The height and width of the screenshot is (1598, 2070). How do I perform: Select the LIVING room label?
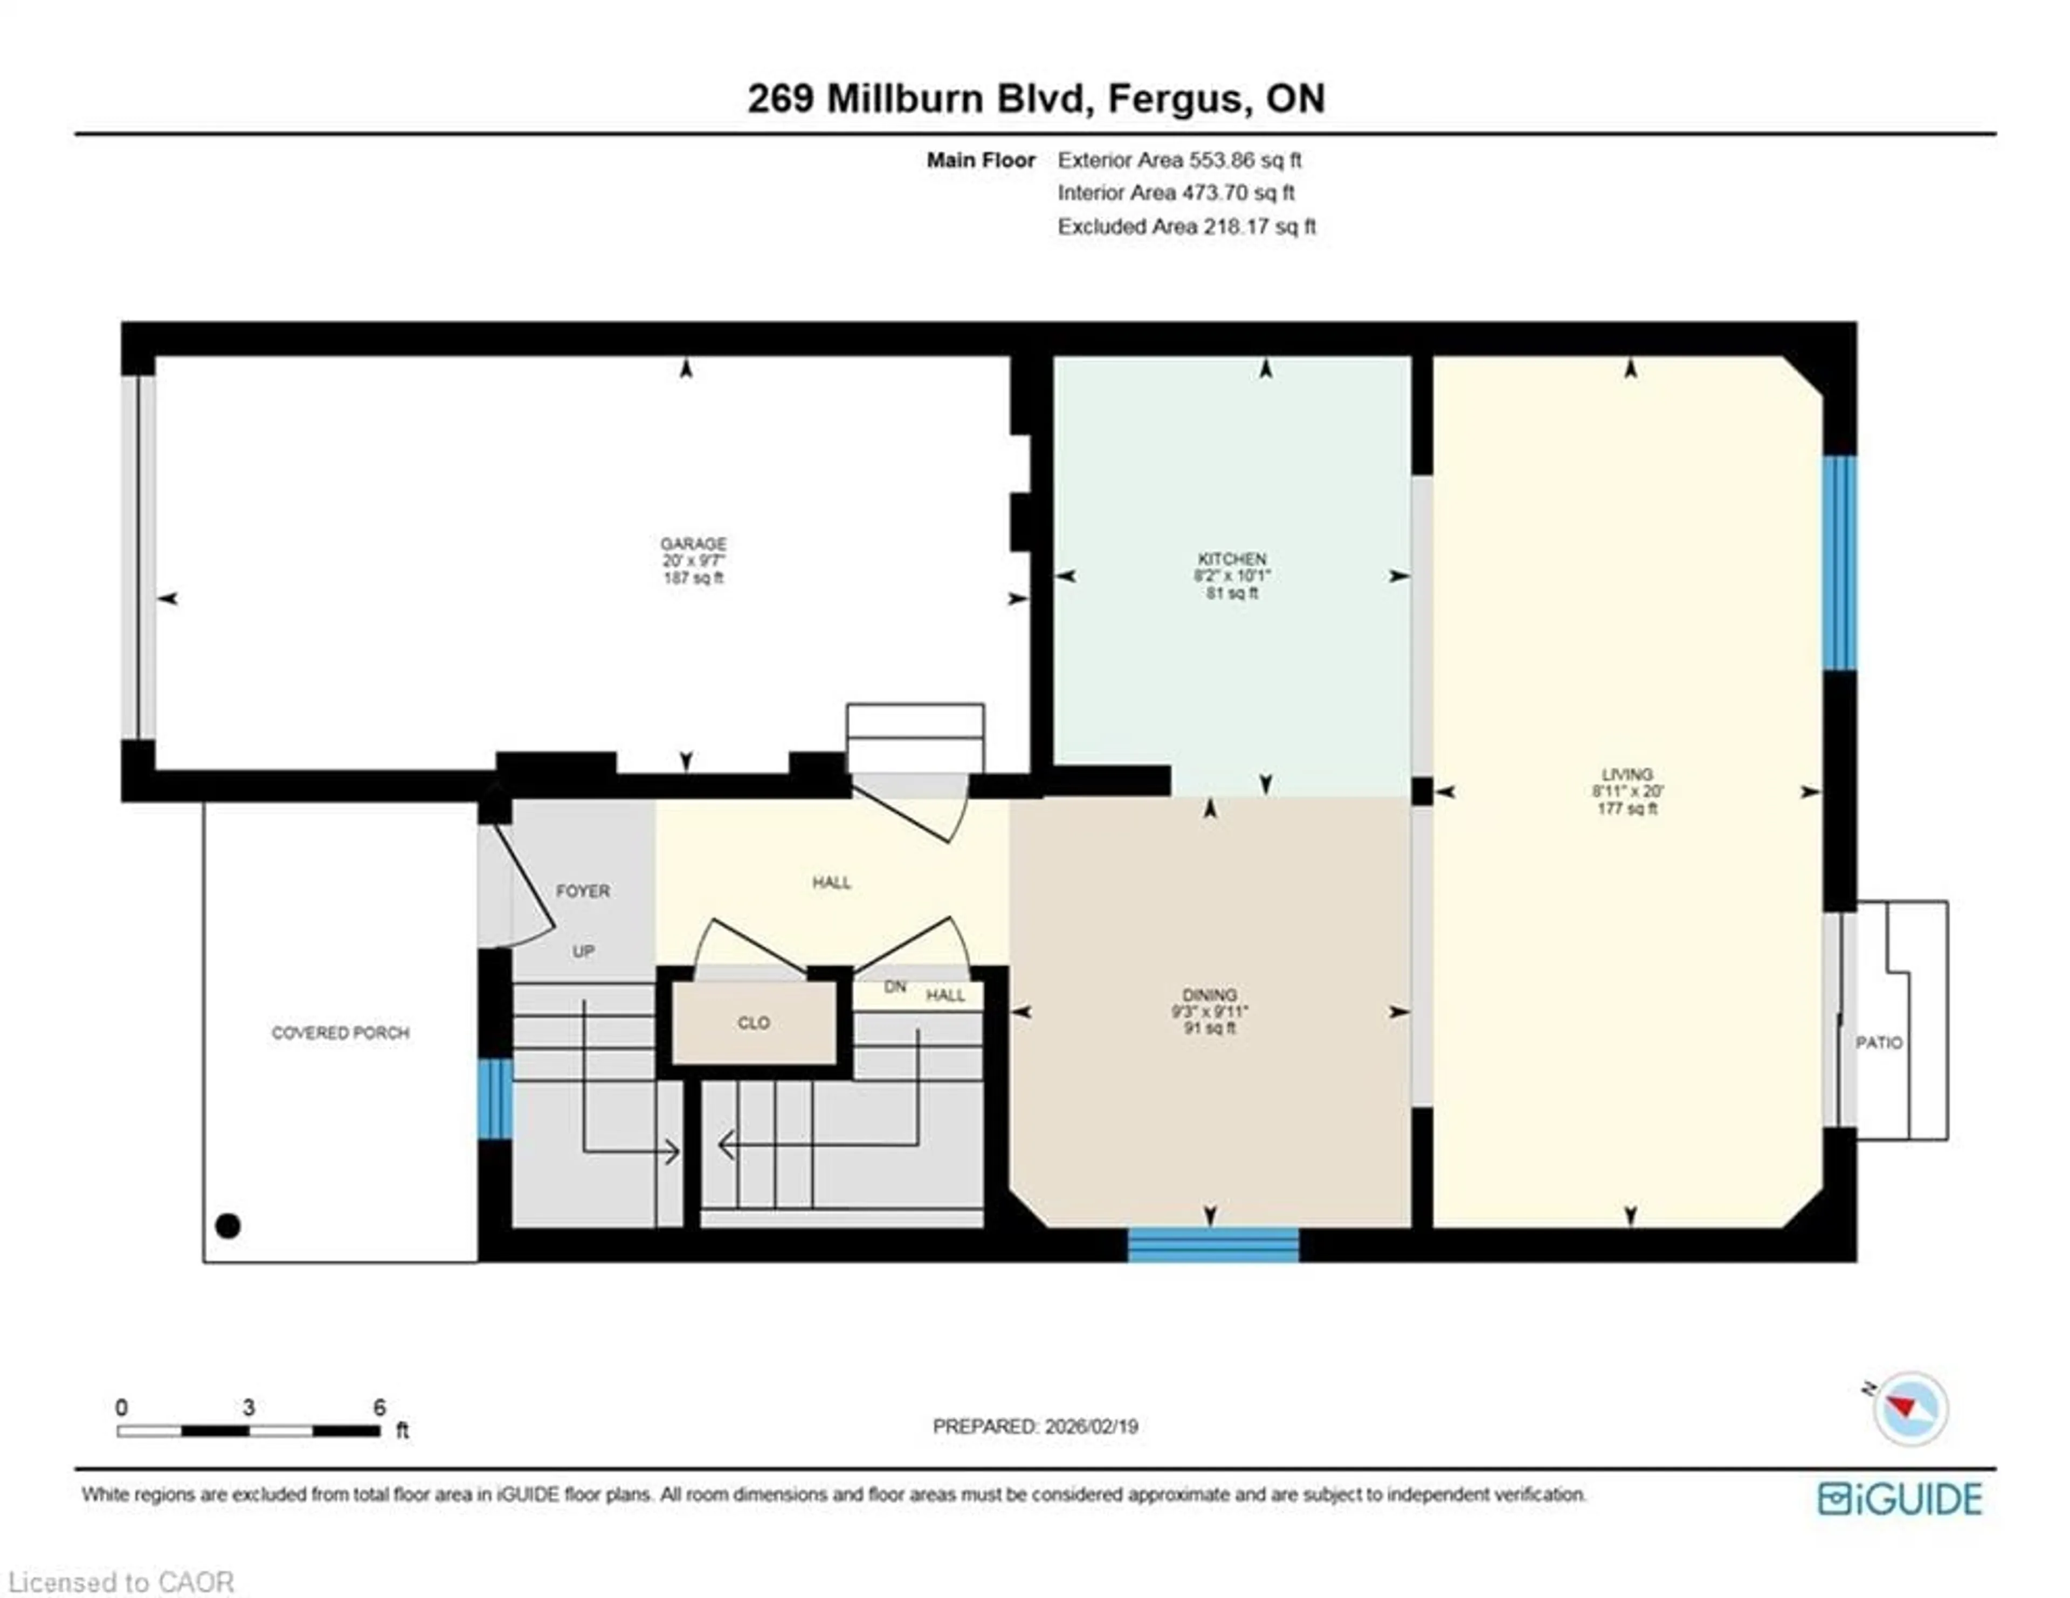tap(1626, 774)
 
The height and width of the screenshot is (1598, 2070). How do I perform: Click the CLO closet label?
tap(754, 1023)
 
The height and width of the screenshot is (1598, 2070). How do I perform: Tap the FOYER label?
tap(583, 891)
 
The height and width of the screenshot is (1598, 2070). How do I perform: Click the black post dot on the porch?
tap(227, 1225)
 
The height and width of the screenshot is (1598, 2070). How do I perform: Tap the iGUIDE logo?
tap(1900, 1498)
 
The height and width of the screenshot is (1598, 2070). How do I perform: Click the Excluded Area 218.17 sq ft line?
tap(1186, 226)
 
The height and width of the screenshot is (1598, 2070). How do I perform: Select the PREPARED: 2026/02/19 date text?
tap(1035, 1427)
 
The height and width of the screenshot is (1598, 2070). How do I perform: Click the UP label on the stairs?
tap(583, 950)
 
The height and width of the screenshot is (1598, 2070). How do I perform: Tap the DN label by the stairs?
tap(895, 987)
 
